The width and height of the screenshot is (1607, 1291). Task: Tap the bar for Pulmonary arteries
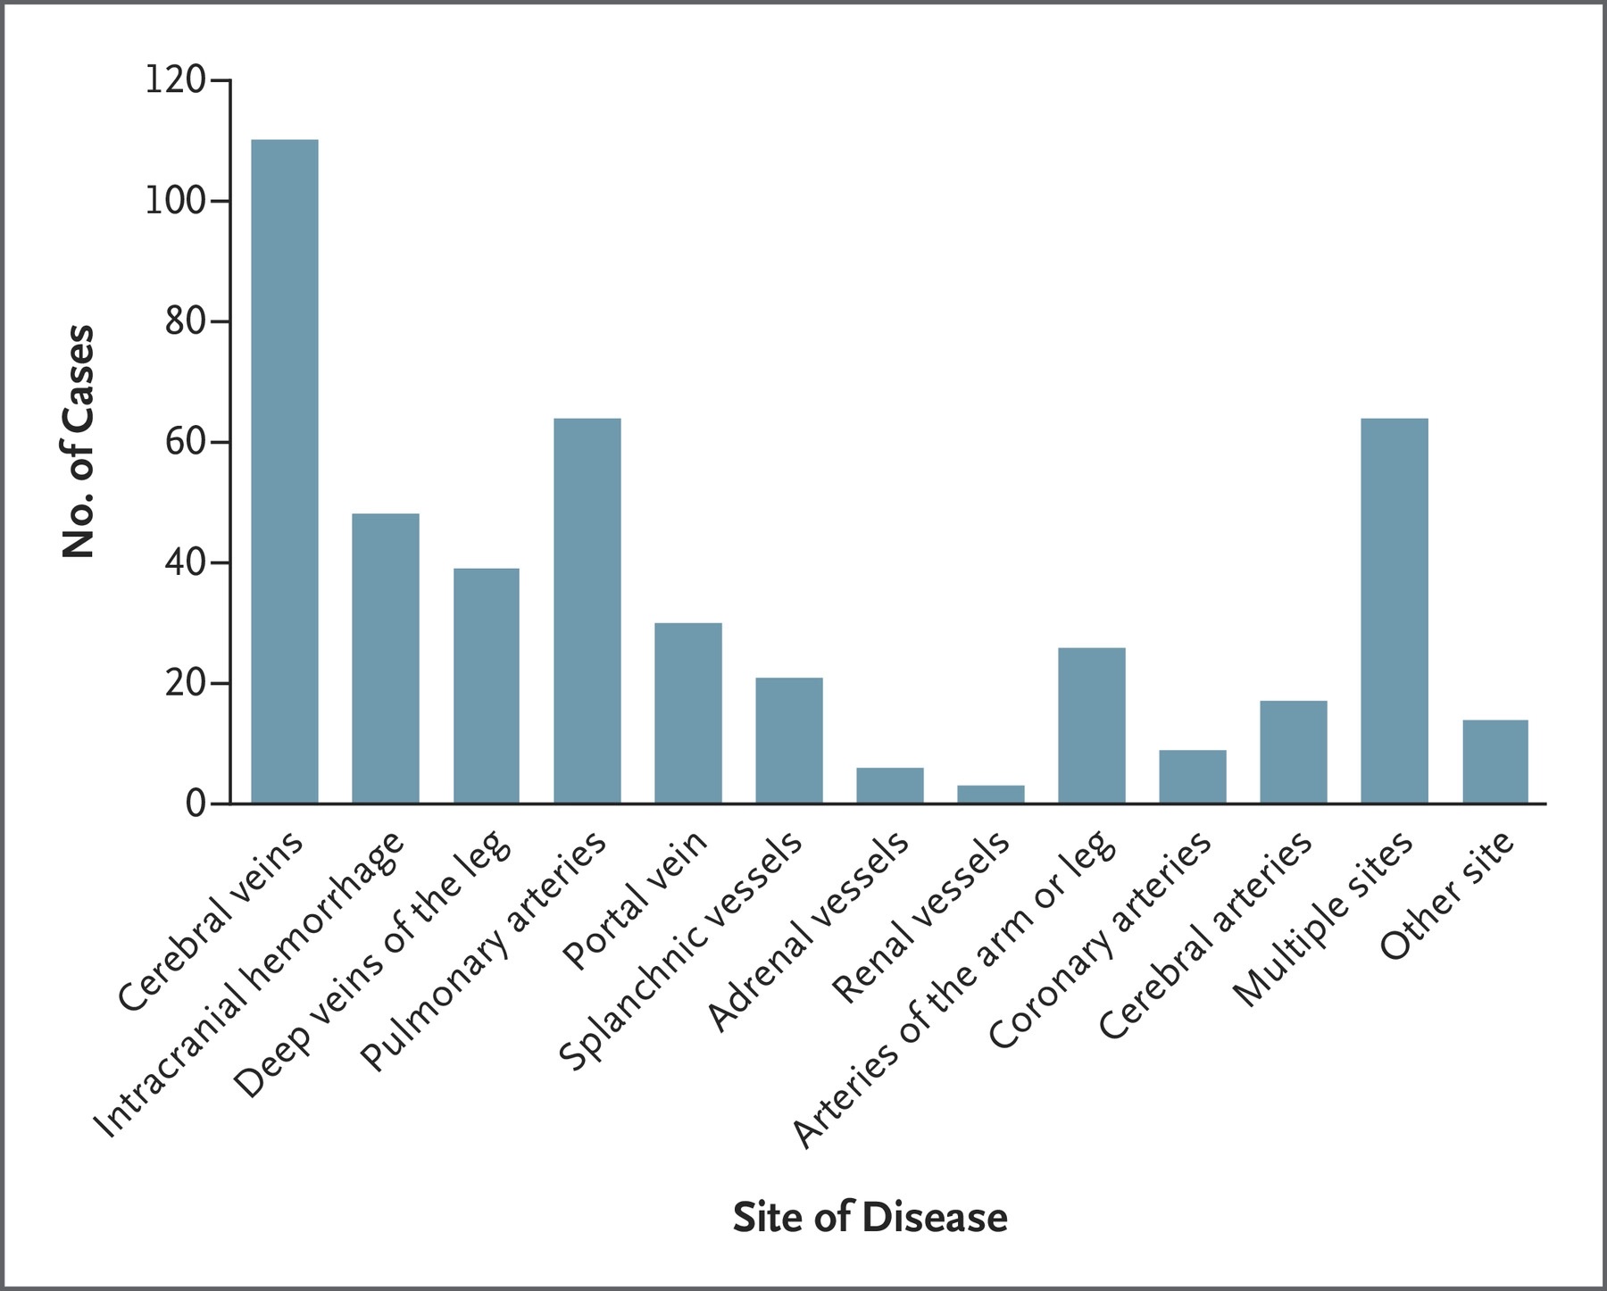pyautogui.click(x=587, y=611)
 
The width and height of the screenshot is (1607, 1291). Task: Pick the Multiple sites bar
pyautogui.click(x=1394, y=611)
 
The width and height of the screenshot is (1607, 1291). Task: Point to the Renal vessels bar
pyautogui.click(x=990, y=794)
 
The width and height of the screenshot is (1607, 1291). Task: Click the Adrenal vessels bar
pyautogui.click(x=889, y=786)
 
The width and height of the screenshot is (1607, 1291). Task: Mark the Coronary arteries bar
pyautogui.click(x=1192, y=777)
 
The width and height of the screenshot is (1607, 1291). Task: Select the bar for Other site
pyautogui.click(x=1495, y=762)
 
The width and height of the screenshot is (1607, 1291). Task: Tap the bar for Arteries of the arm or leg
pyautogui.click(x=1091, y=725)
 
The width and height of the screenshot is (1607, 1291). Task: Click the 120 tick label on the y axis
pyautogui.click(x=174, y=81)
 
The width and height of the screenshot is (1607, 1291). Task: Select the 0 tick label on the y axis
pyautogui.click(x=196, y=804)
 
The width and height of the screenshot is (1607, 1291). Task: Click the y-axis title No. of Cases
pyautogui.click(x=79, y=443)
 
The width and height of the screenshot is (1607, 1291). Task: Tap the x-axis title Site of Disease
pyautogui.click(x=870, y=1218)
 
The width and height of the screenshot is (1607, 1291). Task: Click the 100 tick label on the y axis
pyautogui.click(x=174, y=202)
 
